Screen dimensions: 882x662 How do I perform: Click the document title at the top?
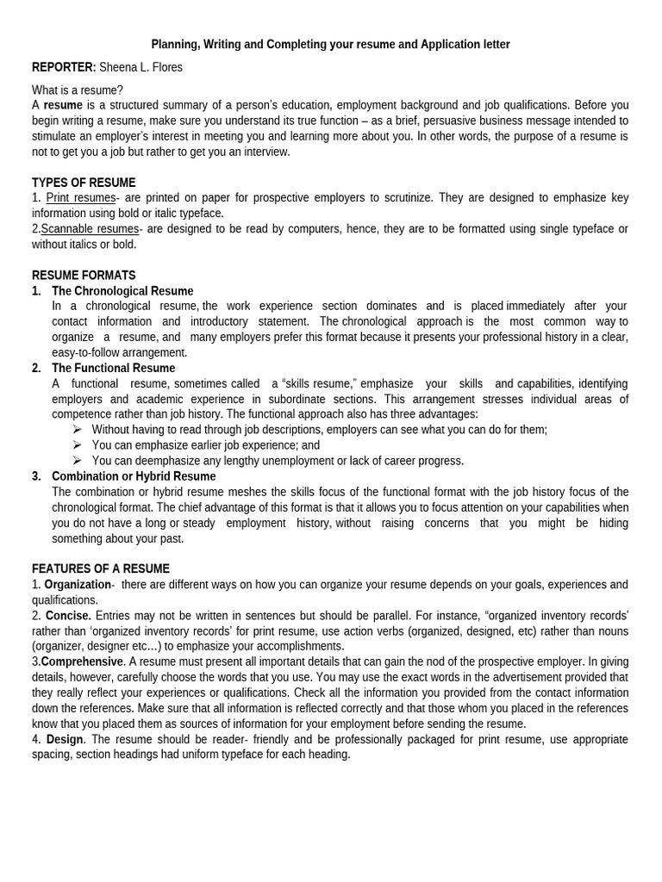(x=330, y=44)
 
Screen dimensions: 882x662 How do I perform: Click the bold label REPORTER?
(x=64, y=67)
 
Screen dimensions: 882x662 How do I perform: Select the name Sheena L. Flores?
(x=141, y=67)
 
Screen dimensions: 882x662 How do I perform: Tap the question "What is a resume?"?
(x=78, y=90)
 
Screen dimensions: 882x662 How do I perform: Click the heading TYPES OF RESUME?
(x=84, y=183)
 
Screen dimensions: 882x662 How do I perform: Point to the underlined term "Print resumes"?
(x=80, y=198)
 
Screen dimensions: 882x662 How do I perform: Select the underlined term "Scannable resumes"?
(x=90, y=229)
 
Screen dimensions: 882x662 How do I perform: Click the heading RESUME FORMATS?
(x=84, y=276)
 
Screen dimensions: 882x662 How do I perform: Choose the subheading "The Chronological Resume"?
(x=122, y=291)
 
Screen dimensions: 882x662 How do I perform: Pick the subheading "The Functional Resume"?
(x=113, y=369)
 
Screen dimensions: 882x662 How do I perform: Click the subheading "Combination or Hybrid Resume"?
(x=134, y=476)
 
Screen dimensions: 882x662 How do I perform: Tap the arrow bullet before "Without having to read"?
(x=77, y=430)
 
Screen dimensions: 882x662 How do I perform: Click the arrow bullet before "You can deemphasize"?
(x=77, y=461)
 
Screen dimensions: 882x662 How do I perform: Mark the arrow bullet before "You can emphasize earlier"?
(x=77, y=445)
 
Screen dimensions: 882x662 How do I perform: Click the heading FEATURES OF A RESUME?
(x=101, y=569)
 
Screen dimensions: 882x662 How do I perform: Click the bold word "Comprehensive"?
(x=82, y=662)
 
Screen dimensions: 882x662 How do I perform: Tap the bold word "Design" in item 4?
(x=65, y=740)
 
